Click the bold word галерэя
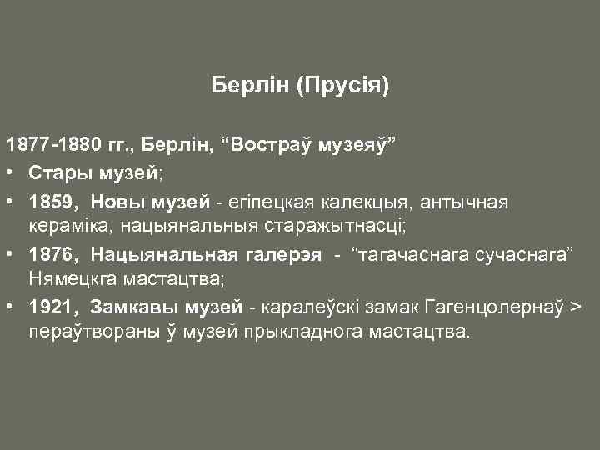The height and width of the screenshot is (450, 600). coord(282,255)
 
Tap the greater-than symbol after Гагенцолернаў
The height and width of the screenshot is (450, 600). coord(575,307)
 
